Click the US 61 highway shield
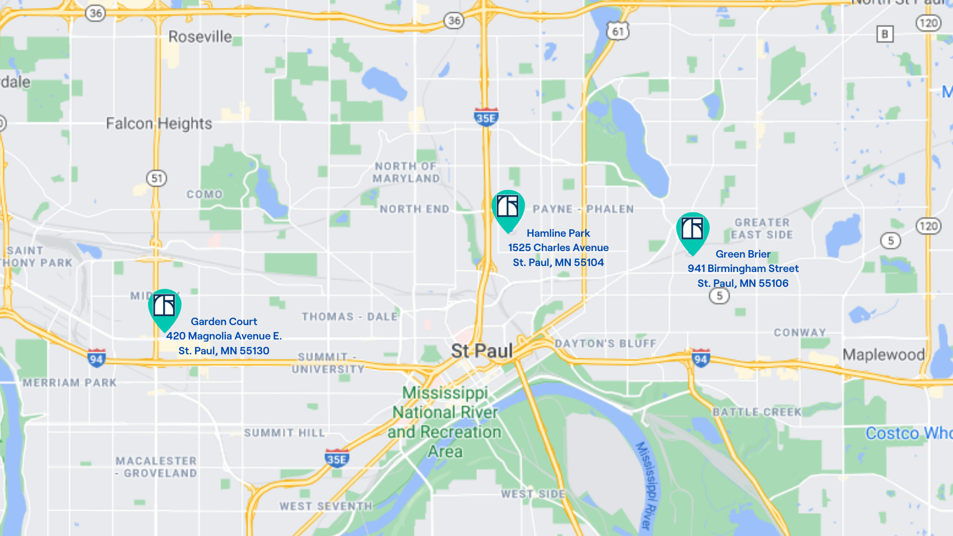point(617,32)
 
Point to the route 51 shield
point(156,178)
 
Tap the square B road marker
point(884,34)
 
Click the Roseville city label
point(200,37)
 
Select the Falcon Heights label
point(159,124)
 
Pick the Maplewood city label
point(884,354)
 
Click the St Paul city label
point(481,351)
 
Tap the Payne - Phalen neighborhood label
point(583,209)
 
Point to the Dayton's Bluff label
point(606,343)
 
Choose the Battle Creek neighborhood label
point(757,412)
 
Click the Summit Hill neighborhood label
point(284,433)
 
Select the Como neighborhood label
point(204,195)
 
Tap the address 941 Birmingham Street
point(743,268)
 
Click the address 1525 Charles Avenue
point(558,248)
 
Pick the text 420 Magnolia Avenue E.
point(224,336)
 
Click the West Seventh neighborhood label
point(326,506)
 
